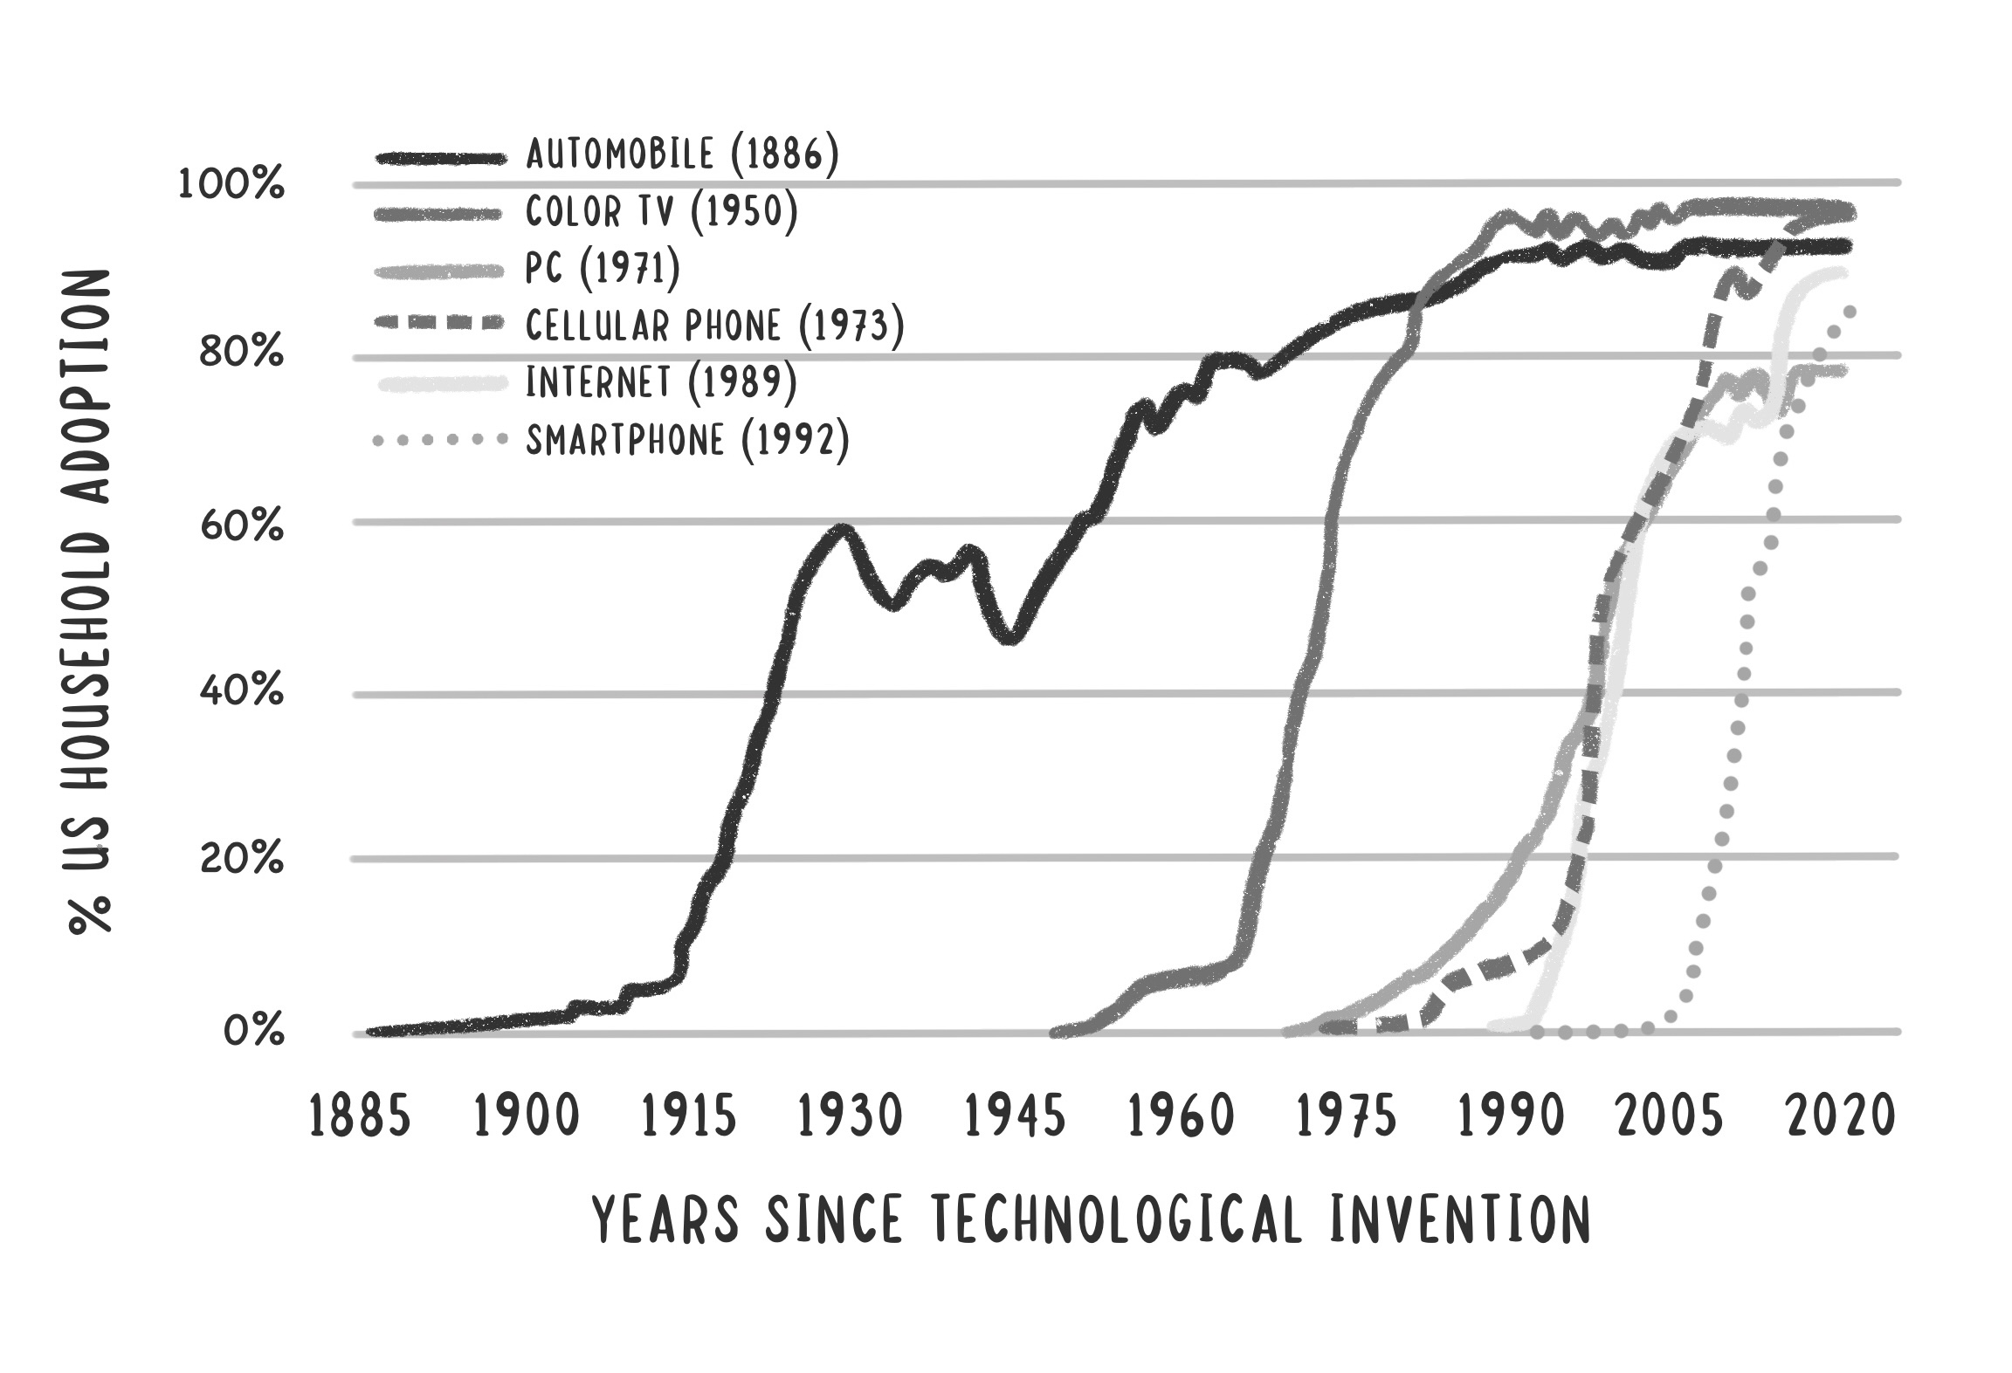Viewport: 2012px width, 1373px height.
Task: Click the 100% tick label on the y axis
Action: (231, 185)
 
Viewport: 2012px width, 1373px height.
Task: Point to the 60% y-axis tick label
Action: (241, 526)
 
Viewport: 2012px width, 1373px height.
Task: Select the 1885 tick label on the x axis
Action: (360, 1117)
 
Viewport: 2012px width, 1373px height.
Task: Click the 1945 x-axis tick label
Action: (1016, 1117)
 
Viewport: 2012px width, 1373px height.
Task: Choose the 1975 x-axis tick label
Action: (1347, 1117)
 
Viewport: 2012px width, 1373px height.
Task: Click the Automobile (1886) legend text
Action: (682, 155)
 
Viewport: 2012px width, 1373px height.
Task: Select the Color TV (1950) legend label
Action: (661, 212)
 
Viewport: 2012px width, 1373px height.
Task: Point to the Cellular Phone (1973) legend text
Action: (714, 326)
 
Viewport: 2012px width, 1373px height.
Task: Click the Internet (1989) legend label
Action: (661, 382)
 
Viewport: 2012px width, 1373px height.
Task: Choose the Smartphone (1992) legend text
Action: (687, 439)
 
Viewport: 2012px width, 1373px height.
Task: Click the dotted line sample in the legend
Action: (439, 440)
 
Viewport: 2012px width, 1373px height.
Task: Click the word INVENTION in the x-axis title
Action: (1459, 1219)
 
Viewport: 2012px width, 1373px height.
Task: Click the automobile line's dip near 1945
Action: (1010, 637)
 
